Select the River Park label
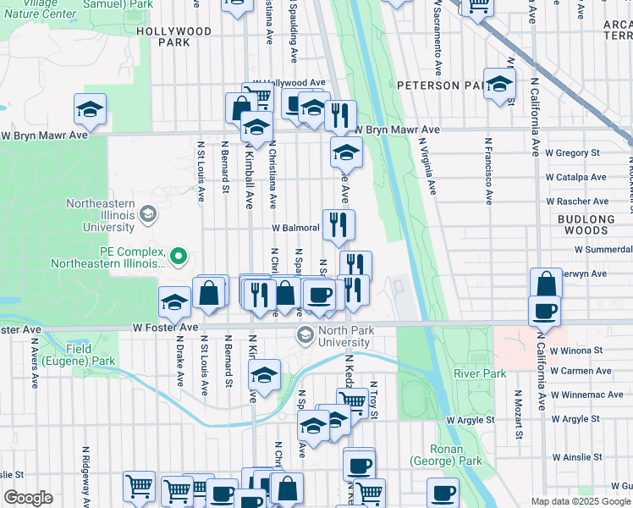click(x=479, y=373)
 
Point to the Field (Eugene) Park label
click(x=91, y=355)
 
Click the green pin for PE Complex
click(x=179, y=255)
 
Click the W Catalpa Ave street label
click(x=576, y=178)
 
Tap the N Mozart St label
click(x=518, y=416)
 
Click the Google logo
click(x=28, y=498)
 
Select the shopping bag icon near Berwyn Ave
click(x=546, y=282)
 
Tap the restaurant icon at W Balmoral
click(x=338, y=224)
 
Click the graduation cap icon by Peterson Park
click(x=499, y=83)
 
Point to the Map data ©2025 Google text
click(x=580, y=501)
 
